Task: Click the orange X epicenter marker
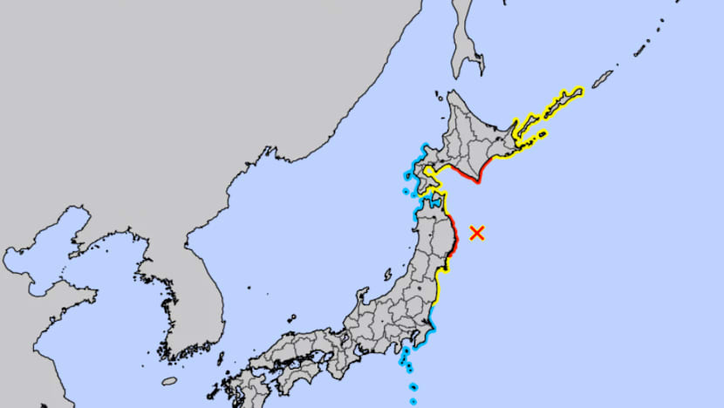477,233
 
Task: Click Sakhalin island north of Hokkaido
462,35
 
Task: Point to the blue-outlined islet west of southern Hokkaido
406,190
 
